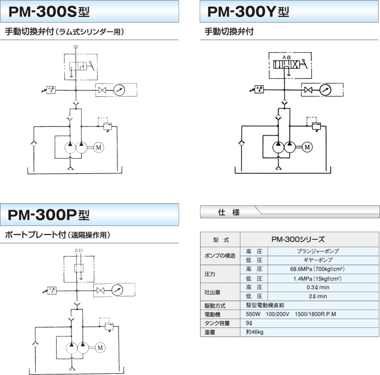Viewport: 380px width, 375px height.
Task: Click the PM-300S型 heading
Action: click(x=49, y=12)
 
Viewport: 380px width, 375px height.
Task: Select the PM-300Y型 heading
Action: click(x=248, y=12)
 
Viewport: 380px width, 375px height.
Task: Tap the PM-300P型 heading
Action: click(x=49, y=215)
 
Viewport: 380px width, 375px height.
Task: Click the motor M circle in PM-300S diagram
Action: click(x=99, y=147)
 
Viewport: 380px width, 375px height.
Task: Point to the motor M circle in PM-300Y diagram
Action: click(x=307, y=147)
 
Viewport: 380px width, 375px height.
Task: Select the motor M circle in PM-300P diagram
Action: click(x=100, y=348)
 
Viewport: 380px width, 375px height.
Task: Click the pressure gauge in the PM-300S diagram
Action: click(x=119, y=90)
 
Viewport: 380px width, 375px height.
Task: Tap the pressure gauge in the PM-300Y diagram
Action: click(x=325, y=90)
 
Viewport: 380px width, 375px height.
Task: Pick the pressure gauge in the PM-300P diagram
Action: click(x=117, y=290)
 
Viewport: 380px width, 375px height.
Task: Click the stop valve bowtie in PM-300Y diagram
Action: click(x=309, y=90)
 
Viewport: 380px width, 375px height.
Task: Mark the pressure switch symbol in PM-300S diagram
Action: click(x=51, y=90)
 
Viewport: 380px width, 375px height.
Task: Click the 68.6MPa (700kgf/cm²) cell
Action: click(x=317, y=269)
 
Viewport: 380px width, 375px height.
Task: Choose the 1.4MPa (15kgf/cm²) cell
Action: click(x=317, y=279)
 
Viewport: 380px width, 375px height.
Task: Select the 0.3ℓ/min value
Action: click(x=318, y=287)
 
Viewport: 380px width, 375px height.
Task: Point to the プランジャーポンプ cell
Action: click(x=318, y=252)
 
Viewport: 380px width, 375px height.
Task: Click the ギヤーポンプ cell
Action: click(x=318, y=260)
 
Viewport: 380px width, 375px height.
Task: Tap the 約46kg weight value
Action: click(x=255, y=332)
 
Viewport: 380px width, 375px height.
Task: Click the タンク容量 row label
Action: click(x=217, y=323)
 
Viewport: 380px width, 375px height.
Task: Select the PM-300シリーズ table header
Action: click(x=298, y=240)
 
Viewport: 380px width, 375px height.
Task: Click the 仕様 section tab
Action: click(x=229, y=212)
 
